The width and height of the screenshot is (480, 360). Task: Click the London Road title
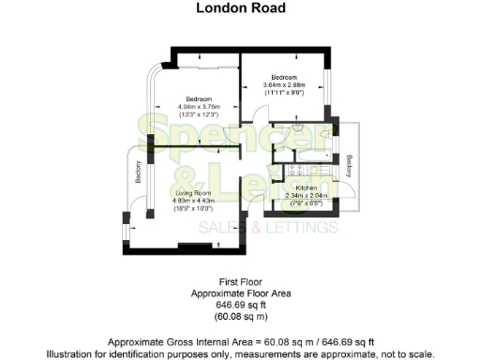point(240,9)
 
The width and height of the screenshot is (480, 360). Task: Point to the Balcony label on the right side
point(349,166)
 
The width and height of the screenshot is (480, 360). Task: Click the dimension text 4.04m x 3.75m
point(198,107)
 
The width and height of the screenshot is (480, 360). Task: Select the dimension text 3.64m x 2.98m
point(284,84)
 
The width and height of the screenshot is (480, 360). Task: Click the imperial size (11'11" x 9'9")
point(284,92)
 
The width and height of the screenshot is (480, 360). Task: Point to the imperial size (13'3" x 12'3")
point(198,114)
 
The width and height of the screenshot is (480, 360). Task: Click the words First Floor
point(240,281)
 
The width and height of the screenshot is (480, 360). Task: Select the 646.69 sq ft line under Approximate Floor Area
point(240,305)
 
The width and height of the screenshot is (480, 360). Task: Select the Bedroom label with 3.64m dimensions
point(284,77)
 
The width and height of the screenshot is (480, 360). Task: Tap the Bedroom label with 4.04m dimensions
point(198,99)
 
